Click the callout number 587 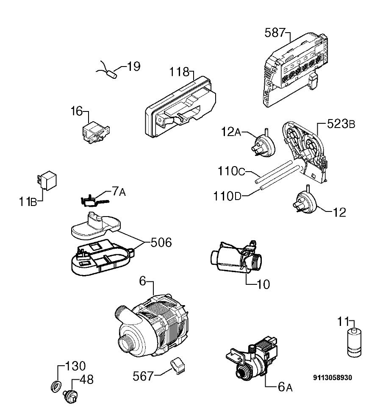tap(275, 33)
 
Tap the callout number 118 tap(180, 72)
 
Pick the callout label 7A tap(119, 191)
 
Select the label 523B tap(341, 124)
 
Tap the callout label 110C tap(231, 171)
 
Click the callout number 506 tap(161, 242)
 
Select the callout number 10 tap(263, 284)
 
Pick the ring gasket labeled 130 tap(56, 386)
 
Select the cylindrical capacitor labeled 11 tap(354, 343)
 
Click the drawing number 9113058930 tap(333, 378)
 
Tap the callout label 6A tap(285, 387)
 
